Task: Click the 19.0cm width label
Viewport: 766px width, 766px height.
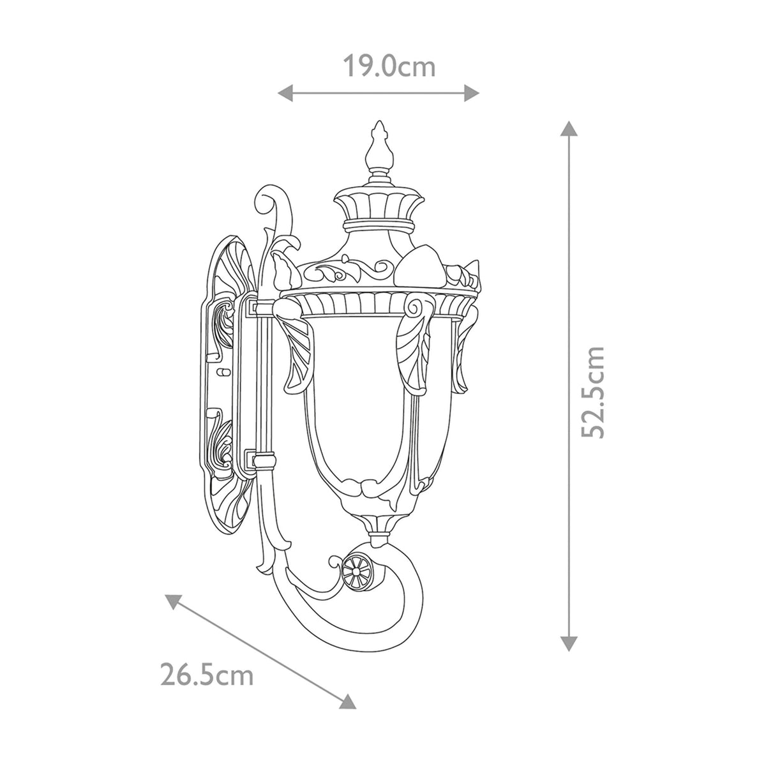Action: (x=389, y=66)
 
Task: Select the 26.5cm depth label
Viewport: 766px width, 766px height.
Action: (x=206, y=675)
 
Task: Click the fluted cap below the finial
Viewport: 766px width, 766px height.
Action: (x=380, y=207)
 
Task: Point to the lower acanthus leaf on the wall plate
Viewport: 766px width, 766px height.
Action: (x=222, y=446)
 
